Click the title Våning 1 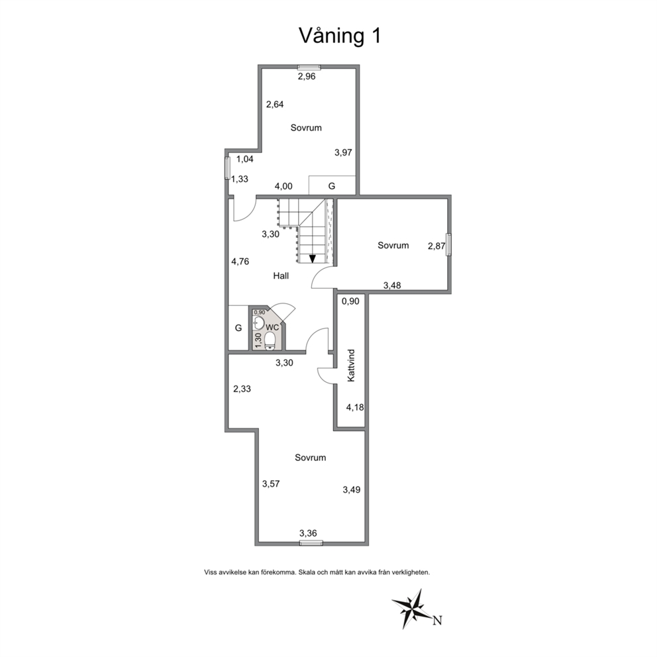(x=340, y=36)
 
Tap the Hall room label (x=281, y=276)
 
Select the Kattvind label (x=351, y=366)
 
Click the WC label (x=272, y=327)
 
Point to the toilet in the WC (x=270, y=340)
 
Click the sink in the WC (x=259, y=323)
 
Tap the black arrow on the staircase (x=312, y=258)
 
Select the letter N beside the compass (x=437, y=620)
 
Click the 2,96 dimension (x=306, y=76)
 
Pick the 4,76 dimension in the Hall (x=240, y=262)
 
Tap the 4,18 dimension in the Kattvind (x=355, y=407)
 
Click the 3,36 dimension (x=308, y=533)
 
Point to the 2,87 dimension (x=436, y=246)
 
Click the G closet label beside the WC (x=238, y=328)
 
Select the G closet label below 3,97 (x=331, y=186)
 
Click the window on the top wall (x=309, y=67)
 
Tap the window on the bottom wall (x=311, y=543)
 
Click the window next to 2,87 (x=449, y=244)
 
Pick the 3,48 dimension (x=392, y=285)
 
